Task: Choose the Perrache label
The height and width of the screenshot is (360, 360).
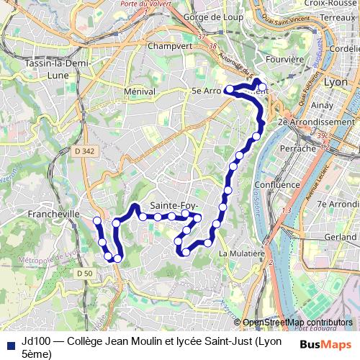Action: point(301,148)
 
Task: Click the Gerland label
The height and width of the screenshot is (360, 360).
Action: point(340,236)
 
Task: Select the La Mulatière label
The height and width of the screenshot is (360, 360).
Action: point(242,253)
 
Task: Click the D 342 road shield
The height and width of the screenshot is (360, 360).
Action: point(84,150)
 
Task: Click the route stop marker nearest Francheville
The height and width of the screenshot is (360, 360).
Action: point(97,220)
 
